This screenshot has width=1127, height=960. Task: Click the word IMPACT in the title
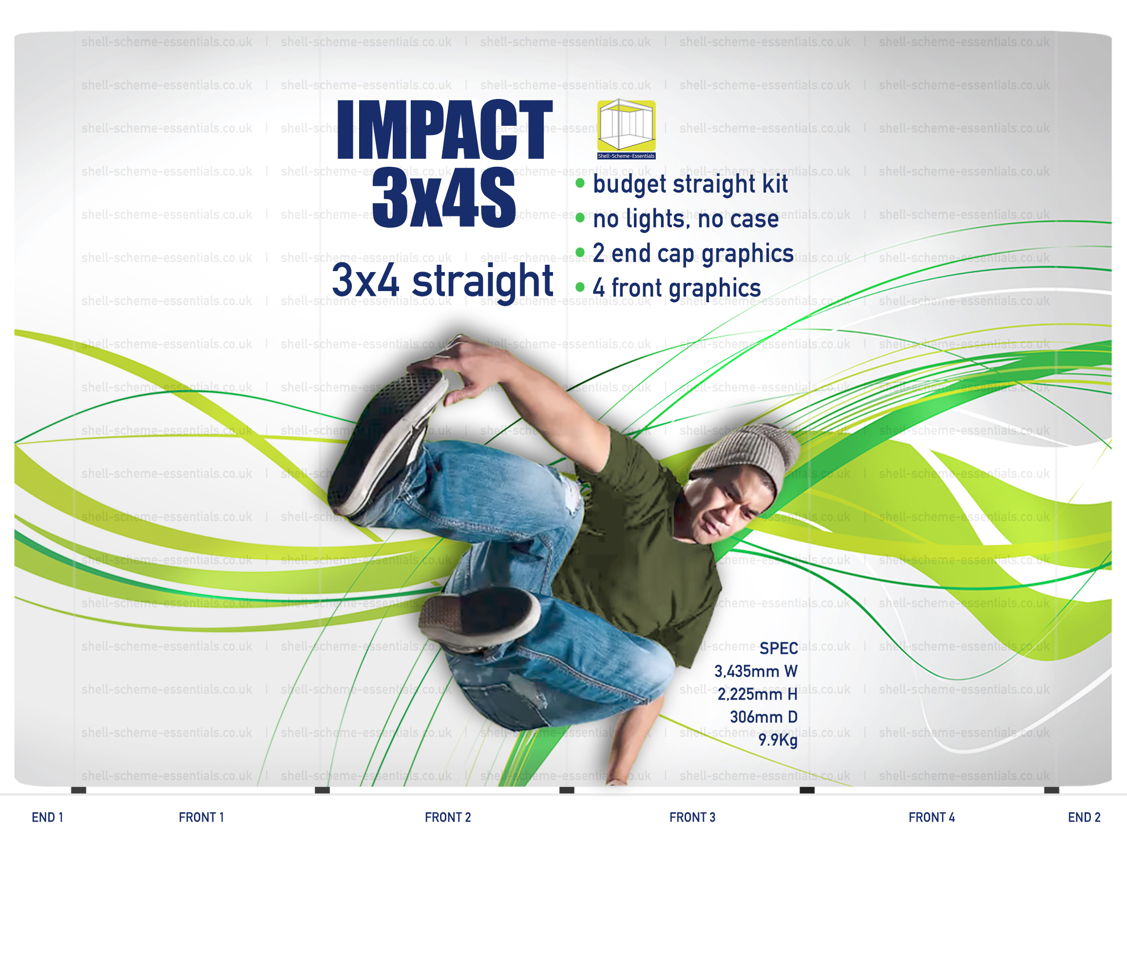tap(445, 130)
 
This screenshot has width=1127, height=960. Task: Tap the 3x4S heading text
tap(444, 198)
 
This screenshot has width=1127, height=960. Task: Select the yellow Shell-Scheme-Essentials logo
tap(627, 130)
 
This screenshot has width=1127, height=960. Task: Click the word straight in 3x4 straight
tap(483, 282)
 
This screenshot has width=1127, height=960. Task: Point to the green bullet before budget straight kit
tap(580, 183)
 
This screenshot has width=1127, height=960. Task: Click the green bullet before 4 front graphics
tap(580, 287)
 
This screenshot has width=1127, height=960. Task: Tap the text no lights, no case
tap(686, 219)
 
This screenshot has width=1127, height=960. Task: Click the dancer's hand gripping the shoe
tap(462, 365)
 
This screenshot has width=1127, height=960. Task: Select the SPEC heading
tap(778, 648)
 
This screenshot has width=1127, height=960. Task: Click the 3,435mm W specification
tap(756, 671)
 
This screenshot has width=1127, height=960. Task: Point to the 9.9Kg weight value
tap(778, 740)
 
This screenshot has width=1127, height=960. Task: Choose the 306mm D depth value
tap(764, 717)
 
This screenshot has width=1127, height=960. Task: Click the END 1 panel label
tap(48, 818)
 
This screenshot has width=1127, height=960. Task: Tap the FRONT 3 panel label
tap(692, 818)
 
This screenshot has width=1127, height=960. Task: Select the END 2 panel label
tap(1084, 818)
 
